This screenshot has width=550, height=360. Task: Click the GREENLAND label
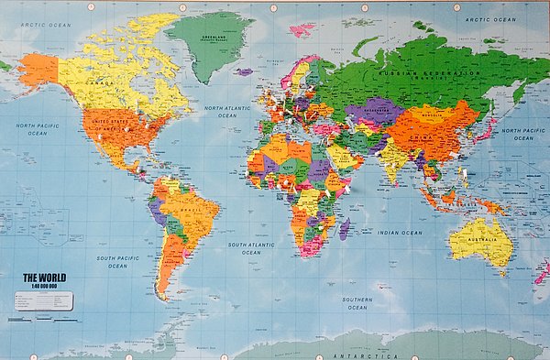click(214, 36)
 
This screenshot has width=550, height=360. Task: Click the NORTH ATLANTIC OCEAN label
click(226, 112)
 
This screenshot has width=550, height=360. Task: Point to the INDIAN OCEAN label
click(401, 233)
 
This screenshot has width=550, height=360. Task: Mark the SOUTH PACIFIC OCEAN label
click(117, 263)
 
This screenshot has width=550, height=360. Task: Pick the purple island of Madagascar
click(344, 228)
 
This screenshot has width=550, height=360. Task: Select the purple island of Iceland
click(244, 71)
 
